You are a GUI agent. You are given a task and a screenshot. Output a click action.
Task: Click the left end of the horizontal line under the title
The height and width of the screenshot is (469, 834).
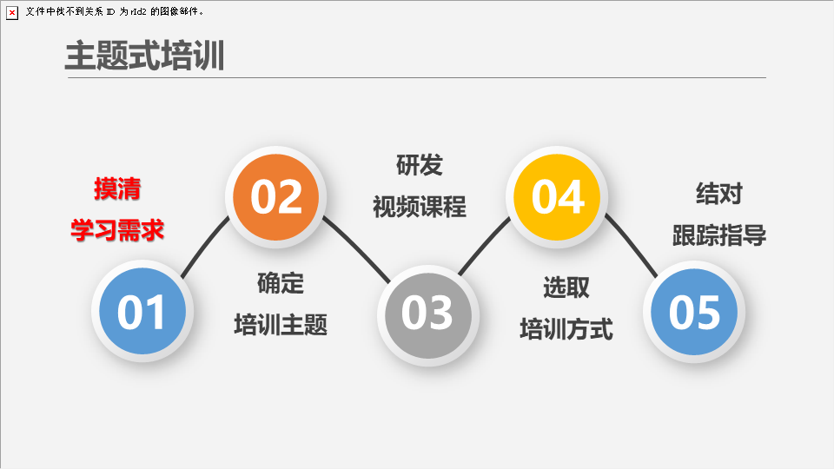tap(68, 77)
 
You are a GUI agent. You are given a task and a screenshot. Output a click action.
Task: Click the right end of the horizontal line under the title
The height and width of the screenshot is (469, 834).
tap(766, 77)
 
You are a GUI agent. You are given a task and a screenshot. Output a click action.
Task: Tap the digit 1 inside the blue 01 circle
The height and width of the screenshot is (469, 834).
tap(156, 312)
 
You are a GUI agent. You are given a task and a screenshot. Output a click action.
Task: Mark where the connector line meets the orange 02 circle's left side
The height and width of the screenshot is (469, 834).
tap(229, 218)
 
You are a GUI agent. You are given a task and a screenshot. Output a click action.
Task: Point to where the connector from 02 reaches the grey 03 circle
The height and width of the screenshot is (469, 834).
tap(390, 282)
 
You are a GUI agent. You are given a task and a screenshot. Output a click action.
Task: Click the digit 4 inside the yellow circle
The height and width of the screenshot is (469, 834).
tap(571, 197)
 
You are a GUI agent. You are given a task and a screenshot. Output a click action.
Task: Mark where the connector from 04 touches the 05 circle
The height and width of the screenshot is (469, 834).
tap(658, 277)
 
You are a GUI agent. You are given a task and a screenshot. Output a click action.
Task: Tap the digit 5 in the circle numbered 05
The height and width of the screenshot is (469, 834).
tap(707, 312)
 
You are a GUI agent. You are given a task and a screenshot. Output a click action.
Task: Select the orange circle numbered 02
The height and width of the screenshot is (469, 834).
tap(275, 197)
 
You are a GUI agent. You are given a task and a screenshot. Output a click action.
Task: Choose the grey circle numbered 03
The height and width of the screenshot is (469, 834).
tap(428, 315)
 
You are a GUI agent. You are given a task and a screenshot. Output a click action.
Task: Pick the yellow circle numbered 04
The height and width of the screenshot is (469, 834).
tap(557, 197)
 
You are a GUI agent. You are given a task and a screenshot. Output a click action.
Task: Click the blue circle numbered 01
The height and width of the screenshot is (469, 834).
tap(142, 311)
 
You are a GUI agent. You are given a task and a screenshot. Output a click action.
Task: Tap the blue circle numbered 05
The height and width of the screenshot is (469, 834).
tap(694, 312)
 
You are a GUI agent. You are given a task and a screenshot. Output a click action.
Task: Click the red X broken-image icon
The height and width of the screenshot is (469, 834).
tap(11, 13)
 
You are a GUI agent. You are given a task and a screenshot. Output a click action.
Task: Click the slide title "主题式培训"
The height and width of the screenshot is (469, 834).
tap(145, 56)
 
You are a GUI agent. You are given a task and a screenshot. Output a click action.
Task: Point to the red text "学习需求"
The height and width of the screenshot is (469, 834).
tap(117, 230)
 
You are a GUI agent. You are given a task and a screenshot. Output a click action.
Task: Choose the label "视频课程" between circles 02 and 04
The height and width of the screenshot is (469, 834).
tap(419, 207)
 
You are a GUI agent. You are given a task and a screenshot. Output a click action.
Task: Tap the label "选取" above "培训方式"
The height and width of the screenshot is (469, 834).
tap(566, 287)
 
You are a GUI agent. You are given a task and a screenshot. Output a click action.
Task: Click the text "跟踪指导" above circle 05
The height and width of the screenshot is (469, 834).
tap(719, 235)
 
